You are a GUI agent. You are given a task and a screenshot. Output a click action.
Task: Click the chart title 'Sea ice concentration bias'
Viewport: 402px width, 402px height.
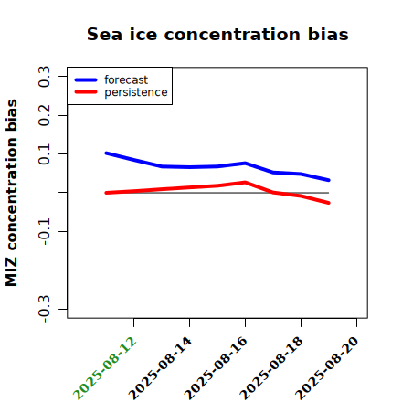217,35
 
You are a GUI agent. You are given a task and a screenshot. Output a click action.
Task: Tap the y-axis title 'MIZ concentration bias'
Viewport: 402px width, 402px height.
11,193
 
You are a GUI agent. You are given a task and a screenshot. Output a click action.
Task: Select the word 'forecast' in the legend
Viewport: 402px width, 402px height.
126,79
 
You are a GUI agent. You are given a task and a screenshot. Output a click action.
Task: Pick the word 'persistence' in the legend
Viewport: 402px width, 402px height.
136,92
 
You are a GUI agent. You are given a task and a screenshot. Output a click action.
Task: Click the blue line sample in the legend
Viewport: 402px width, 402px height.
86,80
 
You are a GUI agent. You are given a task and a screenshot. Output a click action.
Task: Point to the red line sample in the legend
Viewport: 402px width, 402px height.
86,92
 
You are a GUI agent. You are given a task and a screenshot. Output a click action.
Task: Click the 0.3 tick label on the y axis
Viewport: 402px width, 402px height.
44,77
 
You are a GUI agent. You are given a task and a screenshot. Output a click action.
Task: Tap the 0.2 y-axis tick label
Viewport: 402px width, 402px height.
44,115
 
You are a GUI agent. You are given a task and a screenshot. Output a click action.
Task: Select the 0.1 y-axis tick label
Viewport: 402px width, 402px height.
44,154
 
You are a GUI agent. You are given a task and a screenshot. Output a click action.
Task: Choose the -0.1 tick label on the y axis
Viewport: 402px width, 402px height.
44,232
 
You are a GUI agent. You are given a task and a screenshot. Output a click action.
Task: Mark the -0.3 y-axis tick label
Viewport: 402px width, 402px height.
44,309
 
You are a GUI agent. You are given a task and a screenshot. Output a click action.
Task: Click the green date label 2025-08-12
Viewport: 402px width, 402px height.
105,368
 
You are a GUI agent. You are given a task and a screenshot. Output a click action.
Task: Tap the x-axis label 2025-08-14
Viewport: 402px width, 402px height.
161,368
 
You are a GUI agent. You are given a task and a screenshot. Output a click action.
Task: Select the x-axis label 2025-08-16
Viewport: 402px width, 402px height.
217,368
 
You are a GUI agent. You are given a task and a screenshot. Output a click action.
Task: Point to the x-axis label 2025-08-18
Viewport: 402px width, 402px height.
272,368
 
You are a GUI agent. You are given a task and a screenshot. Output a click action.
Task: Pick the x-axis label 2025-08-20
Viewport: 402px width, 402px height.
328,368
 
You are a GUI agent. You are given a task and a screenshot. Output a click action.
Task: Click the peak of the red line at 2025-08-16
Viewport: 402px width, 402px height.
245,183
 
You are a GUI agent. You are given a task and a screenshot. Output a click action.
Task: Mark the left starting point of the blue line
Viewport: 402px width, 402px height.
106,153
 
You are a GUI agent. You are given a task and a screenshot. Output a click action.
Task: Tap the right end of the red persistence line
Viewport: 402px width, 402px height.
329,203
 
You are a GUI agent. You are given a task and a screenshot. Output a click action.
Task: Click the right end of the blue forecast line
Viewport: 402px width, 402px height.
329,180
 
